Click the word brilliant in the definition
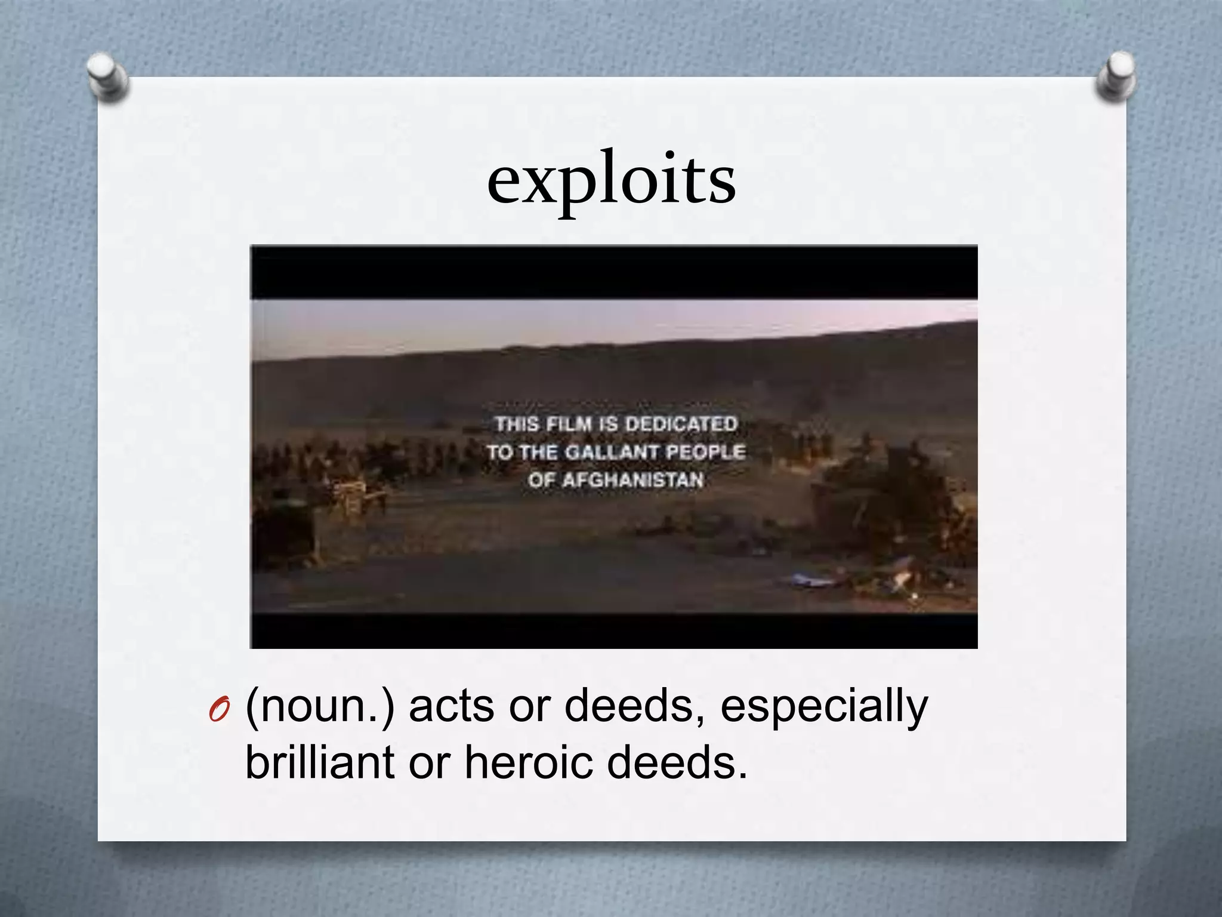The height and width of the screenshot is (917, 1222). pyautogui.click(x=320, y=764)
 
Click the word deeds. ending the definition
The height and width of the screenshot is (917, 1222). pyautogui.click(x=677, y=764)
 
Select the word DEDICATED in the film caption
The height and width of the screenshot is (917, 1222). pyautogui.click(x=681, y=424)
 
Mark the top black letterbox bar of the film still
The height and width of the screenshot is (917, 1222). pyautogui.click(x=613, y=272)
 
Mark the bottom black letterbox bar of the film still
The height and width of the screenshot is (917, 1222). pyautogui.click(x=613, y=630)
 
